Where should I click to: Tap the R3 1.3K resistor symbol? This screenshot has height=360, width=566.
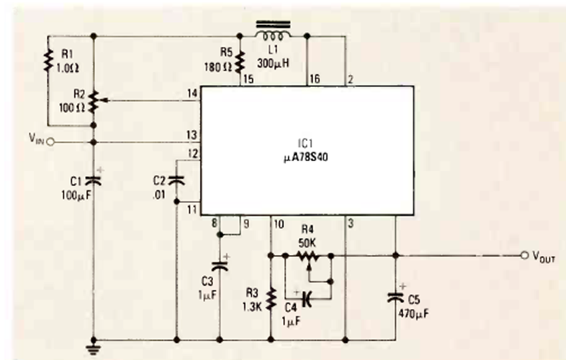point(272,297)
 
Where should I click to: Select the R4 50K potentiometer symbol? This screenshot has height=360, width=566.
point(308,255)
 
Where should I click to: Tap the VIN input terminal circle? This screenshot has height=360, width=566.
point(51,142)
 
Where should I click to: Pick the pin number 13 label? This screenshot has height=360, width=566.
point(190,135)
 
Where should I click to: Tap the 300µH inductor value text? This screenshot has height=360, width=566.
point(273,63)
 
